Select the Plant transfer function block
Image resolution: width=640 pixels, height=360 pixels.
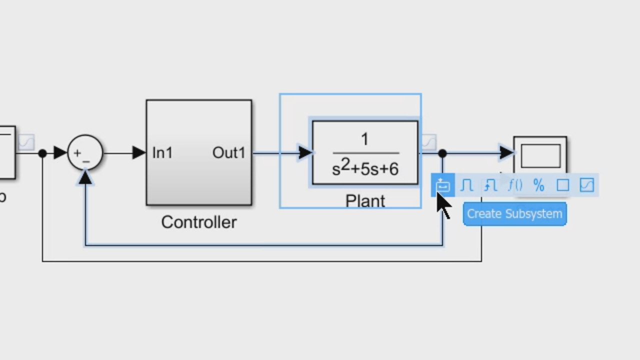click(365, 152)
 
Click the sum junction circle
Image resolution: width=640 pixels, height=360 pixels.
click(85, 152)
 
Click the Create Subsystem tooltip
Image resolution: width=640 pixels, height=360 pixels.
click(514, 214)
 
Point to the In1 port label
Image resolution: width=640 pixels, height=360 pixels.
click(162, 153)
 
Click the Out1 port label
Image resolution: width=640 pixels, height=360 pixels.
click(228, 153)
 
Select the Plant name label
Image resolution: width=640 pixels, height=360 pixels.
click(365, 201)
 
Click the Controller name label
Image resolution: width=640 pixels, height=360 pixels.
click(198, 222)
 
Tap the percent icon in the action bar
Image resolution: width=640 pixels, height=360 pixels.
click(538, 185)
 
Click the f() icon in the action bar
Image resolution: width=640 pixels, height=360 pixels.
click(514, 185)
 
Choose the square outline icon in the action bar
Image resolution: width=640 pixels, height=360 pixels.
click(562, 185)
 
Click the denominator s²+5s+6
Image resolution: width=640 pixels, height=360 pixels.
click(365, 168)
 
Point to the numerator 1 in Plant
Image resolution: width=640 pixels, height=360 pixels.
click(365, 139)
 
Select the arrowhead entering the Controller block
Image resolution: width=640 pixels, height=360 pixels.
click(139, 152)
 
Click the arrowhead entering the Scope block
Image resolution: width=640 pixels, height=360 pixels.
click(506, 152)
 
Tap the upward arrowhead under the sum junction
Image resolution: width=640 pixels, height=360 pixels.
click(85, 176)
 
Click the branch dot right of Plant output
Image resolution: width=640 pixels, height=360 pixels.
click(442, 153)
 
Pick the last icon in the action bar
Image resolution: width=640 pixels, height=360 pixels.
click(586, 185)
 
